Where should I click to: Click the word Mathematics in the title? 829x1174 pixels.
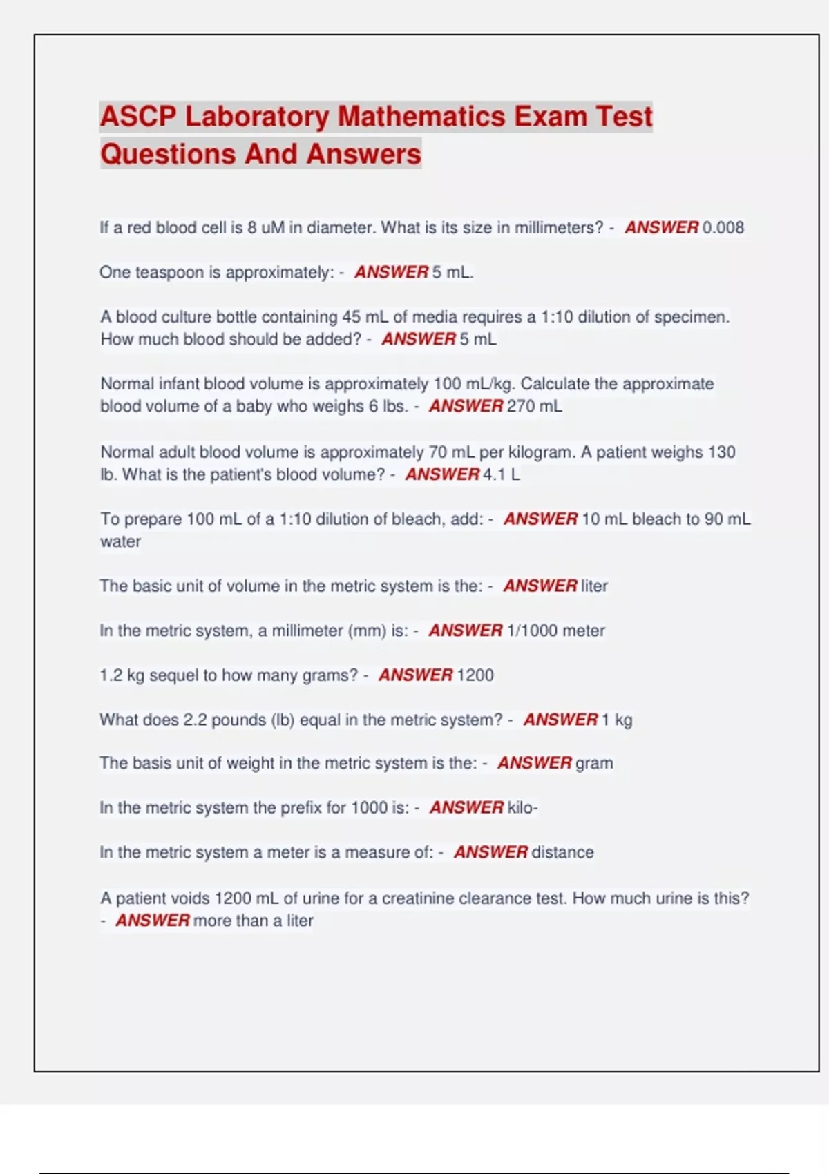(421, 116)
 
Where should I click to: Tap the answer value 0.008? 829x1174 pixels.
(723, 227)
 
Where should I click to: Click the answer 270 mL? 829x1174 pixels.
(534, 406)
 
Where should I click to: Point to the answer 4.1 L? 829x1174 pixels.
(502, 474)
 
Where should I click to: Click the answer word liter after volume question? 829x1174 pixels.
(594, 586)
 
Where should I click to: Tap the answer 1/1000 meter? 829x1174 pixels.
(555, 631)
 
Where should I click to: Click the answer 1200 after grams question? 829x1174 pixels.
(475, 675)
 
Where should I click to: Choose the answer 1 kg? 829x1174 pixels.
(617, 720)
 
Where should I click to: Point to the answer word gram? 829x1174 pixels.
(594, 763)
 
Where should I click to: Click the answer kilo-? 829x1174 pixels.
(522, 807)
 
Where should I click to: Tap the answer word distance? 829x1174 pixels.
(562, 852)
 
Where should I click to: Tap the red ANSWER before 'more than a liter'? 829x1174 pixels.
(153, 921)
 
